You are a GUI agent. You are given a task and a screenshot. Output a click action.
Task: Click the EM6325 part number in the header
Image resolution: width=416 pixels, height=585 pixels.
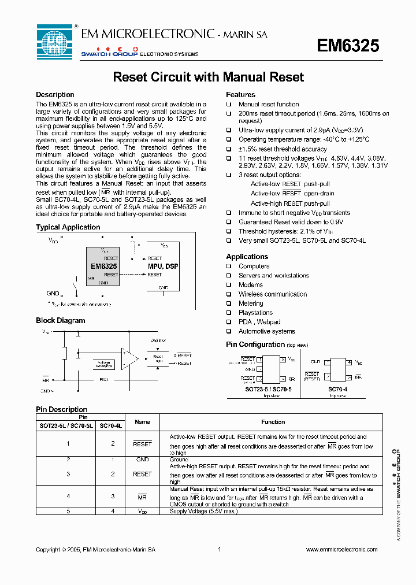pos(348,46)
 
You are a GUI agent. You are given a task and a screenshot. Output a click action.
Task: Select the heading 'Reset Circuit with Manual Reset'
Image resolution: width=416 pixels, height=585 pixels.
pos(208,77)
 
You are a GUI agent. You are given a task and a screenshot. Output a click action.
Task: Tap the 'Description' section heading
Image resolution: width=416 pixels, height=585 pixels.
pos(55,95)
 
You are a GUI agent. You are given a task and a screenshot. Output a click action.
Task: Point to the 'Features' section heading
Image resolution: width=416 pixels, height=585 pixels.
pos(240,95)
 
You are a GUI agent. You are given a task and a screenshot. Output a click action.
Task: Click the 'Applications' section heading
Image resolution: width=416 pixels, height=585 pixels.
pos(247,257)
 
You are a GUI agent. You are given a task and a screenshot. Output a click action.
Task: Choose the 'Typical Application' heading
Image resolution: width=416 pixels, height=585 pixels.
pos(68,227)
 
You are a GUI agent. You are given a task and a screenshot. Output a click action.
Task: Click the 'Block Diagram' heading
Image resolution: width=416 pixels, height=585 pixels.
pos(60,320)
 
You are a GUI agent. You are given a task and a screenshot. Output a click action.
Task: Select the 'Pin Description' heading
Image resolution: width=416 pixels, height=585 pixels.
pos(61,409)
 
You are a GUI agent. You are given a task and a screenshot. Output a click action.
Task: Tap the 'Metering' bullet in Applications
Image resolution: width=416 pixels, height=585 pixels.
pos(251,303)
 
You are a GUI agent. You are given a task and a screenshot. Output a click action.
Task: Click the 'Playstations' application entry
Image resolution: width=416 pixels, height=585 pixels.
pos(255,313)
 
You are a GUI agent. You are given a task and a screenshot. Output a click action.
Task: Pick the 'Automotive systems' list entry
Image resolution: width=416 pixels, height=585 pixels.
pos(266,331)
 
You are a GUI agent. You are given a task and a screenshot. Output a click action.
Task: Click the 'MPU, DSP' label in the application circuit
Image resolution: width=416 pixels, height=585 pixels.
pos(162,266)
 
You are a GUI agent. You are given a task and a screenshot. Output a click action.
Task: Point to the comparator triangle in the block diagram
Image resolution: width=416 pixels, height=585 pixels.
pos(129,358)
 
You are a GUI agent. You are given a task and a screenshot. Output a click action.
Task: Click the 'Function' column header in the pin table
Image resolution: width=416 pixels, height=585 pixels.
pos(273,422)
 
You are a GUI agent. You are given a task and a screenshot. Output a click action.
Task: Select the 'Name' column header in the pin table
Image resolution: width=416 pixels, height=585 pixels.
pos(142,422)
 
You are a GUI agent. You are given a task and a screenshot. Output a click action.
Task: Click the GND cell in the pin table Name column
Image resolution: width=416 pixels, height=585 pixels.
pos(142,460)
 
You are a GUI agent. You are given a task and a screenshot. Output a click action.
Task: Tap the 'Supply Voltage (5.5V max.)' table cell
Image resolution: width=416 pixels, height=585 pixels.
pos(196,511)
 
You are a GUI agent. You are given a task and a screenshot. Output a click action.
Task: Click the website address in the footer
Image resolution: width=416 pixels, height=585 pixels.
pos(341,549)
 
